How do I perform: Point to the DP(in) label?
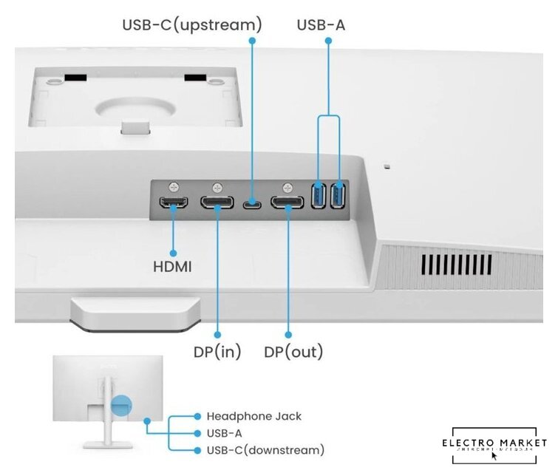217,351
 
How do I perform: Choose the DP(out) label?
293,351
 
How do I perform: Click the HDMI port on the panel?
174,202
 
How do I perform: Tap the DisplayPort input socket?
218,202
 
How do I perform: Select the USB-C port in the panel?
252,203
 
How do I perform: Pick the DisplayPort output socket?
287,202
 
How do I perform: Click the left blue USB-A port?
319,196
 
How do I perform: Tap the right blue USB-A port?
338,196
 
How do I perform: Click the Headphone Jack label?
254,417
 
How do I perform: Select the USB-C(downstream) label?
265,450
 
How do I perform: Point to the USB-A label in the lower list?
225,434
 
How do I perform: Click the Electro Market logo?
494,444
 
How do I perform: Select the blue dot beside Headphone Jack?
197,417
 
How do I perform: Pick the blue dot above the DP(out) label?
287,336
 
